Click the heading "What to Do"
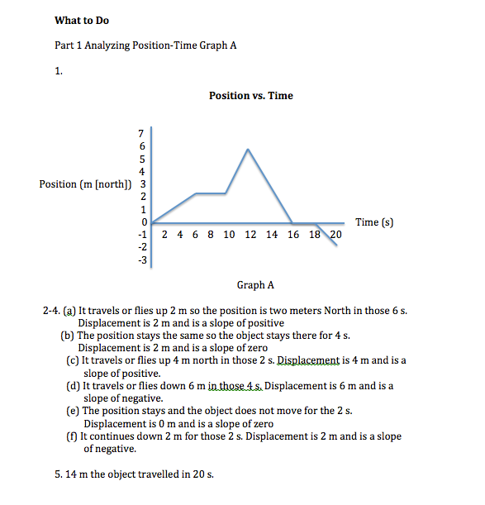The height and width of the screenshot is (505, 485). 81,20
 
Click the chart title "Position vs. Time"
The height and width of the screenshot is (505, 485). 250,96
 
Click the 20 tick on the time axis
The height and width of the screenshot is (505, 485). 335,236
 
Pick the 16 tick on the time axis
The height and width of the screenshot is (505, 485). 294,236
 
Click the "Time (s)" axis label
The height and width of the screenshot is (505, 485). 374,222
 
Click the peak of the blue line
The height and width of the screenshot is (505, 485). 248,149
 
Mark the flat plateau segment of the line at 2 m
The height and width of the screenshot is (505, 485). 211,193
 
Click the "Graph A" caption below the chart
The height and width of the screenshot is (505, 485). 255,285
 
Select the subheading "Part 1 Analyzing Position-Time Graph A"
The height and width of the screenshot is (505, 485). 145,45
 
